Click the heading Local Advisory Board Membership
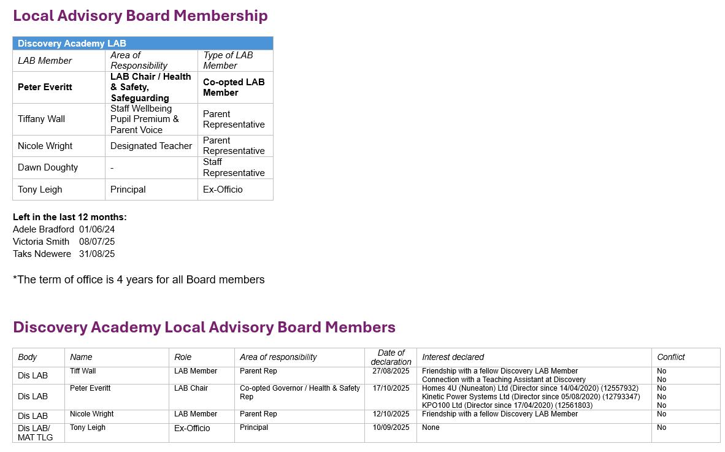pyautogui.click(x=140, y=16)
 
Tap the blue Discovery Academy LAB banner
pyautogui.click(x=142, y=44)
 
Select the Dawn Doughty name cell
pyautogui.click(x=48, y=167)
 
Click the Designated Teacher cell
pyautogui.click(x=151, y=146)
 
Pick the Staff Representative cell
pyautogui.click(x=234, y=167)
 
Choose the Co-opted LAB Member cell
pyautogui.click(x=234, y=87)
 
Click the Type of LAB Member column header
pyautogui.click(x=228, y=60)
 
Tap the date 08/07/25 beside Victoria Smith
pyautogui.click(x=97, y=242)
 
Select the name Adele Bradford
pyautogui.click(x=43, y=229)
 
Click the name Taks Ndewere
pyautogui.click(x=42, y=254)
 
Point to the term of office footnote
pyautogui.click(x=139, y=280)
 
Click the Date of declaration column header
pyautogui.click(x=391, y=357)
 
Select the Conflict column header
pyautogui.click(x=671, y=357)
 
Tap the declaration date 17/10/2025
pyautogui.click(x=391, y=388)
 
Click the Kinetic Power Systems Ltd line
pyautogui.click(x=531, y=397)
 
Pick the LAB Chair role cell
pyautogui.click(x=191, y=388)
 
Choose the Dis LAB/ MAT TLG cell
pyautogui.click(x=36, y=432)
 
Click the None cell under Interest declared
pyautogui.click(x=431, y=427)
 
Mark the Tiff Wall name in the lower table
pyautogui.click(x=83, y=371)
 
